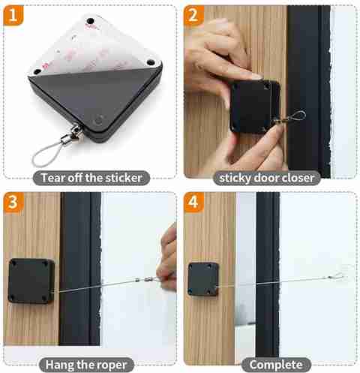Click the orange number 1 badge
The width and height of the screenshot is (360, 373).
click(13, 15)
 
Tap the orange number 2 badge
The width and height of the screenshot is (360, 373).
click(193, 16)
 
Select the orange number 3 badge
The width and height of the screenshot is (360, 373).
click(13, 202)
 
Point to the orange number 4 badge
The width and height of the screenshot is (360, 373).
click(194, 202)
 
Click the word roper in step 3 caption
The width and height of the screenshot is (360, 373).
click(112, 365)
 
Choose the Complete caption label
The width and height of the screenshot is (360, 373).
click(276, 365)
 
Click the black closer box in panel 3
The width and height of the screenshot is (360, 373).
click(31, 281)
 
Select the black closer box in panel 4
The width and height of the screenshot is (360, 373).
click(203, 279)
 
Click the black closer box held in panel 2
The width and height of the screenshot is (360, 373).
click(255, 107)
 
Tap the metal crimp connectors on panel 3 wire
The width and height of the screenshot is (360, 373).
click(144, 280)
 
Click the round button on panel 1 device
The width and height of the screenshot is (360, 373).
click(99, 121)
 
